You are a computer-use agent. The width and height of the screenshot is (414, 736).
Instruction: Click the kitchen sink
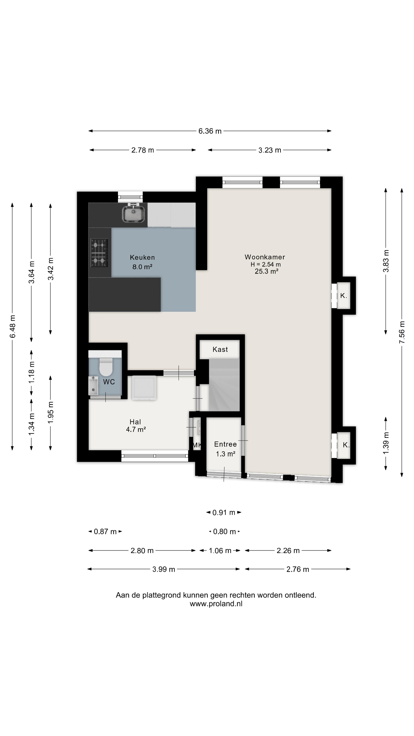tap(133, 213)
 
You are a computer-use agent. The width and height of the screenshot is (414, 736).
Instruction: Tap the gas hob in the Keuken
tap(99, 253)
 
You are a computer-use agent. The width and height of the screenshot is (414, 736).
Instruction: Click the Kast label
tap(220, 349)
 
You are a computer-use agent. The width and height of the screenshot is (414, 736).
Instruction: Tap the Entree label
tap(225, 444)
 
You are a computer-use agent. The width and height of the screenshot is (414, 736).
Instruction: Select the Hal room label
tap(135, 422)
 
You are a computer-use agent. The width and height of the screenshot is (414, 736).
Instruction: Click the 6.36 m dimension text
tap(210, 131)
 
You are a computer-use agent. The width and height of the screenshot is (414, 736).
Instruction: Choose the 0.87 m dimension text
tap(105, 531)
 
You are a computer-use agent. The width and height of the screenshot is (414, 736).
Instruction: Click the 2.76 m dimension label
tap(298, 569)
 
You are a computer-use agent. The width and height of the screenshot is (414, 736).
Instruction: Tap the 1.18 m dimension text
tap(31, 372)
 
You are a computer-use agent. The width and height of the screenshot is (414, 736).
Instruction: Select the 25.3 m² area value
tap(266, 271)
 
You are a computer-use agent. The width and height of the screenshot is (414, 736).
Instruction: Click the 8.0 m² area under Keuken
tap(142, 267)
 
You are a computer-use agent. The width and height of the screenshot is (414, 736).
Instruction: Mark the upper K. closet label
tap(343, 296)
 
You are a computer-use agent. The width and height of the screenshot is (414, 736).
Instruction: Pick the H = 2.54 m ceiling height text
tap(265, 264)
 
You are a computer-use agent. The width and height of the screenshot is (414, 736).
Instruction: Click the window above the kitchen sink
tap(130, 197)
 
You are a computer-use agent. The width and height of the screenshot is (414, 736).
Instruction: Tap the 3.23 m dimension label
tap(270, 150)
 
